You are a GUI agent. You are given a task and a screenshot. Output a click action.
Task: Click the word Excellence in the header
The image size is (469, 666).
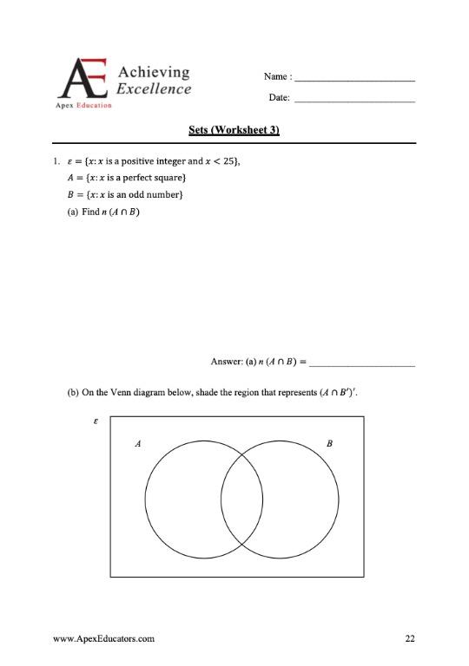(154, 88)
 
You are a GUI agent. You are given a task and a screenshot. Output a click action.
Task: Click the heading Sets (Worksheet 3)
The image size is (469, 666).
(234, 130)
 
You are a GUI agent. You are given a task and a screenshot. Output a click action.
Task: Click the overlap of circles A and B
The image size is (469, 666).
(242, 500)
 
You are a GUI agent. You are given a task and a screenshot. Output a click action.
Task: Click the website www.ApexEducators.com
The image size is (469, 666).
(104, 639)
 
